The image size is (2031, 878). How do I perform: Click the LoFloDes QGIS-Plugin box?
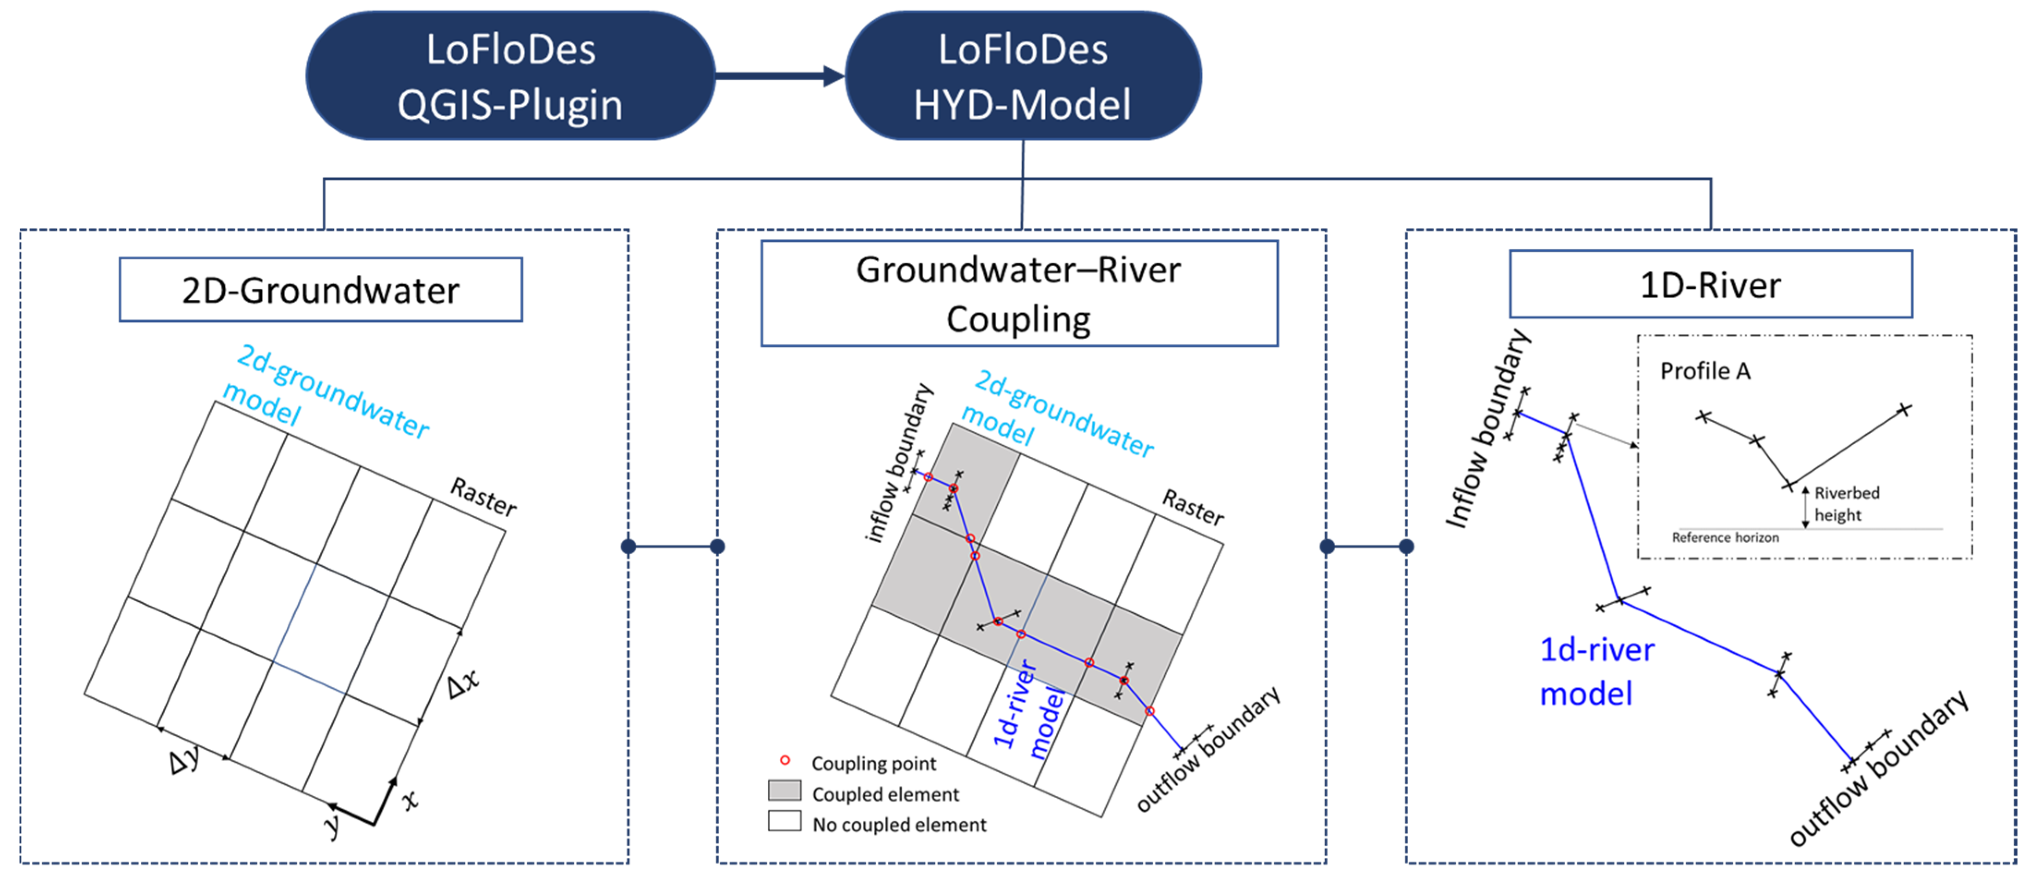(x=510, y=77)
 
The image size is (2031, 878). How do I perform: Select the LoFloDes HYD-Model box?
(x=1023, y=77)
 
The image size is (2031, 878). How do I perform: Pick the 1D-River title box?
(x=1710, y=285)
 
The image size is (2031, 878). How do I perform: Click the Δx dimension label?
(x=463, y=683)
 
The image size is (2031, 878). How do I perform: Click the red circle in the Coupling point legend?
(x=784, y=760)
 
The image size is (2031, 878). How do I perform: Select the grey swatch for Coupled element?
(x=784, y=791)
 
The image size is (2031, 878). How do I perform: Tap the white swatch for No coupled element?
(x=784, y=821)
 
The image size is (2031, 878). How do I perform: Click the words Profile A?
(x=1705, y=371)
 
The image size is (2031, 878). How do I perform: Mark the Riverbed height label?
(x=1846, y=504)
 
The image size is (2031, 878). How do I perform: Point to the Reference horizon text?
(x=1725, y=538)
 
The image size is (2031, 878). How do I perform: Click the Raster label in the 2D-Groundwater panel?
(x=483, y=496)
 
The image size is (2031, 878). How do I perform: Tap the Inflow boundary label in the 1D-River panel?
(x=1487, y=430)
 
